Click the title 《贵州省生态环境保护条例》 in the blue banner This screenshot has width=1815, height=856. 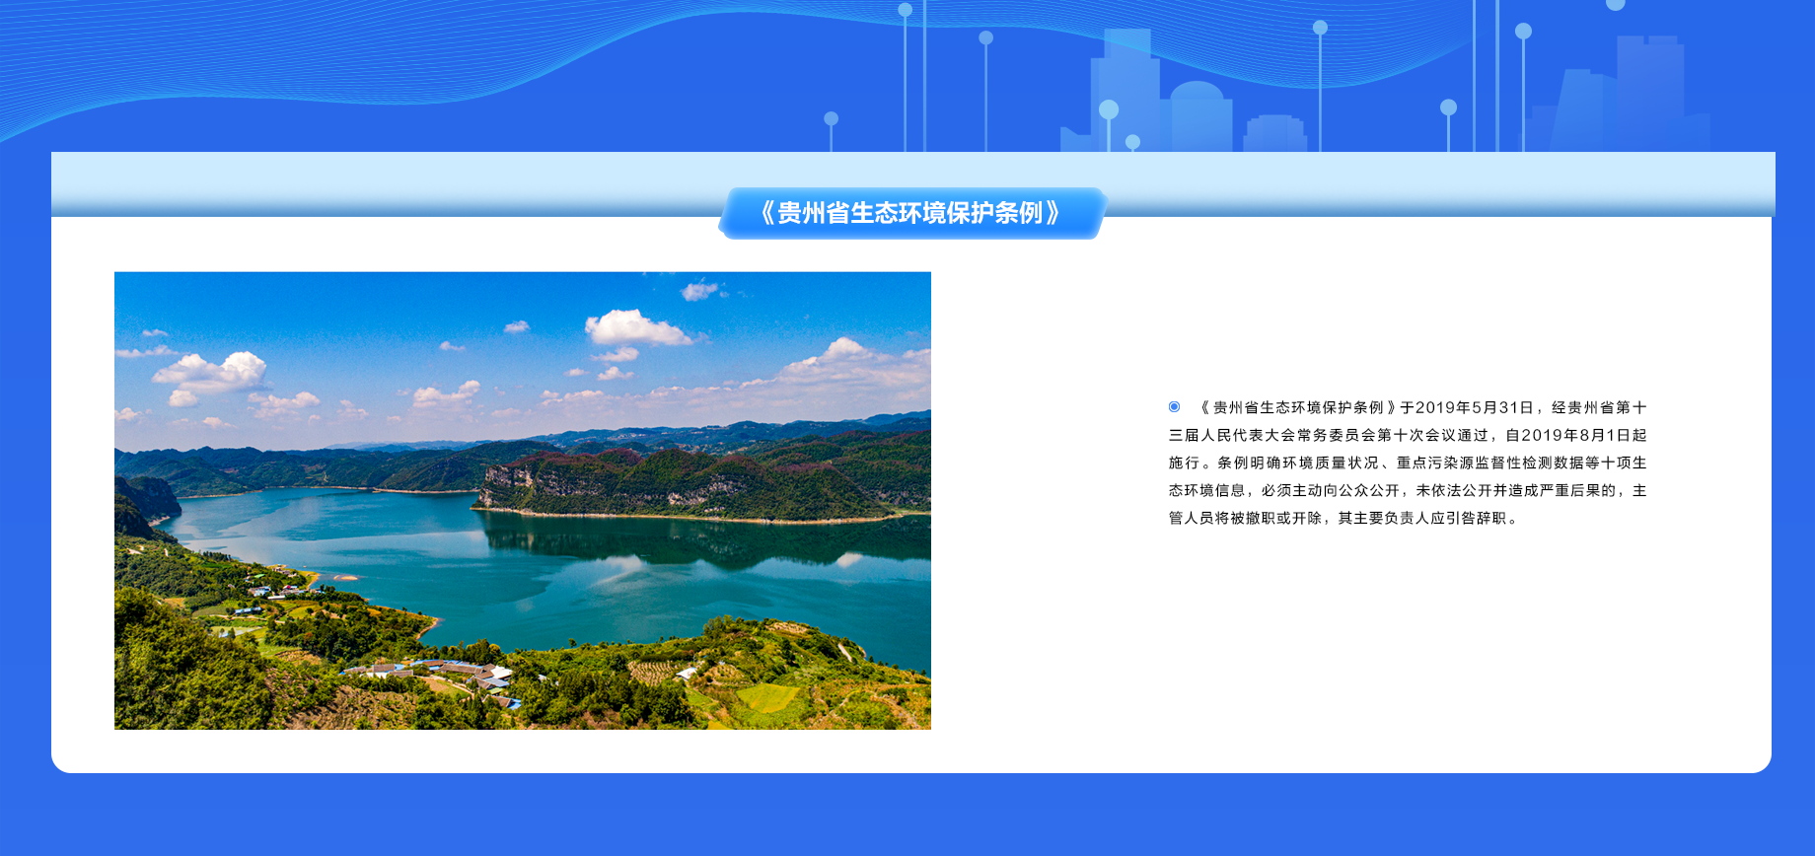tap(910, 213)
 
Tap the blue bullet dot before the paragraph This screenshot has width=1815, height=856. tap(1174, 406)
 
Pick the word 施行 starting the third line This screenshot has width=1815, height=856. tap(1185, 463)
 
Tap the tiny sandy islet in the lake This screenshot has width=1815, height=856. tap(346, 577)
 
